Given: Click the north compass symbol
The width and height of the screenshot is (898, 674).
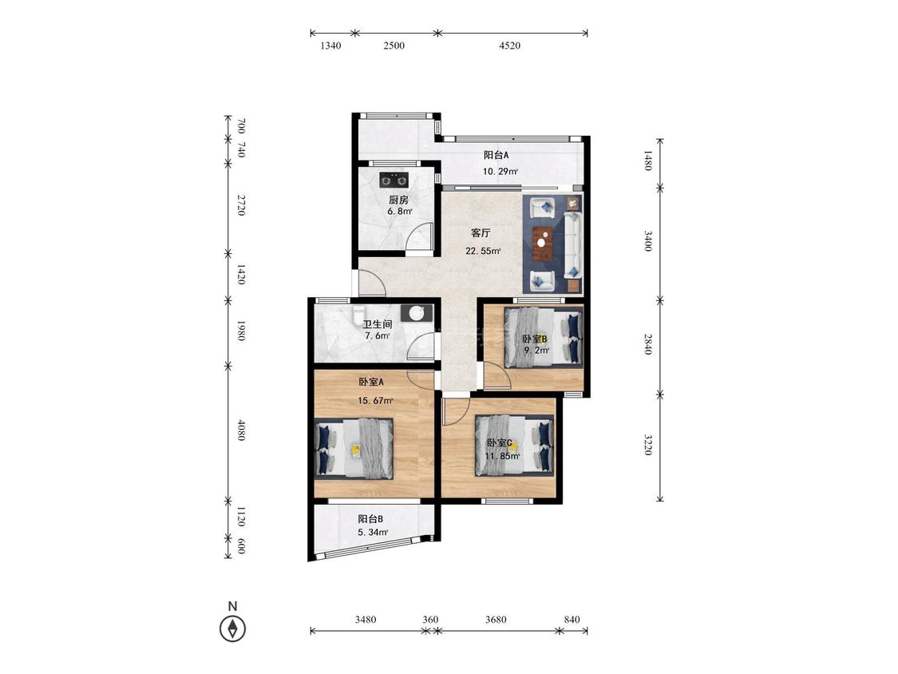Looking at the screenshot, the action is point(232,628).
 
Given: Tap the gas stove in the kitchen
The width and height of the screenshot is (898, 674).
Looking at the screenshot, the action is point(394,180).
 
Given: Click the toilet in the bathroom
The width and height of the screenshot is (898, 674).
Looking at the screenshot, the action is point(358,314).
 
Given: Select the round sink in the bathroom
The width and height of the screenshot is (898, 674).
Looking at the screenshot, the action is point(417,313).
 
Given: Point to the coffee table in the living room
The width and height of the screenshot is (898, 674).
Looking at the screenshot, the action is point(542,244).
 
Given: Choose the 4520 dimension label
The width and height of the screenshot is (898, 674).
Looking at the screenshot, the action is point(510,46).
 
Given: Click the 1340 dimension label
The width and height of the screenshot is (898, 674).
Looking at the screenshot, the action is point(330,46).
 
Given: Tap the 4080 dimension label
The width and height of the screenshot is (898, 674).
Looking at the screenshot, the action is point(241,430).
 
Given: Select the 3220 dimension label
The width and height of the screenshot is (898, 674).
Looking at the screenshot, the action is point(647,445).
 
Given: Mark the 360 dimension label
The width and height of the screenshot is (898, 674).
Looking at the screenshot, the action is point(430,620).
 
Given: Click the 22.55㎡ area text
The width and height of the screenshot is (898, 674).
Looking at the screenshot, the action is point(484,251).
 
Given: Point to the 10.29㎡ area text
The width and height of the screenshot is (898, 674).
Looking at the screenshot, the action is point(500,172).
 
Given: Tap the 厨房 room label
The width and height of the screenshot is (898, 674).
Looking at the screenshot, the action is point(398,200).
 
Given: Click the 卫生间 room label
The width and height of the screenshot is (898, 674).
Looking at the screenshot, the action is point(378,324).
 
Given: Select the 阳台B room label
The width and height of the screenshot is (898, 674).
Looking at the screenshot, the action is point(370,519).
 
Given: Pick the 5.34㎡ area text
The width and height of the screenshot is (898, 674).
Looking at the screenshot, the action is point(374,533).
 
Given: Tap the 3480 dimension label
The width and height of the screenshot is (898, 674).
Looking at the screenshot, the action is point(366,620).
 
